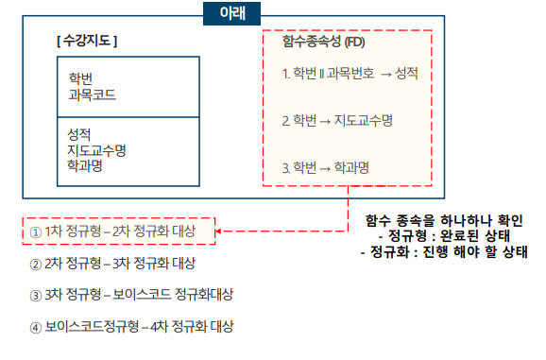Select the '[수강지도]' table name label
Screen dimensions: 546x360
[x=87, y=42]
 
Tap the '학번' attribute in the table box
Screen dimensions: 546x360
[x=81, y=77]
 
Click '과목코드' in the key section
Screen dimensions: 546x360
[x=93, y=94]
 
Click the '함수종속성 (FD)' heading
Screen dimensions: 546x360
[x=323, y=43]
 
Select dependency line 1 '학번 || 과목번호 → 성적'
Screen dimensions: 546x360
[x=350, y=73]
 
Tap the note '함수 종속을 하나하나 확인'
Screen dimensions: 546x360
[x=445, y=219]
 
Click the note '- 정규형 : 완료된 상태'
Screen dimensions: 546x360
[x=445, y=236]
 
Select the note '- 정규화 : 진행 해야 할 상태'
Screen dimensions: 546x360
[x=445, y=252]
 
